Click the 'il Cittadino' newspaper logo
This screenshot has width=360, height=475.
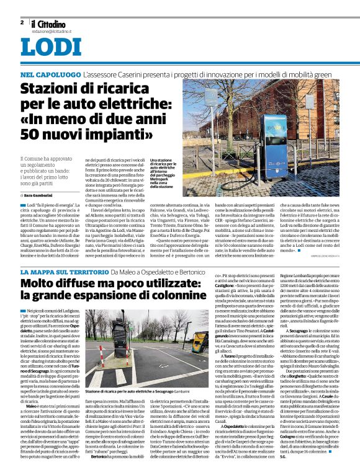click(x=50, y=22)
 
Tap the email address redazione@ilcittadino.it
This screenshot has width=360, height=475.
click(x=53, y=30)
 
